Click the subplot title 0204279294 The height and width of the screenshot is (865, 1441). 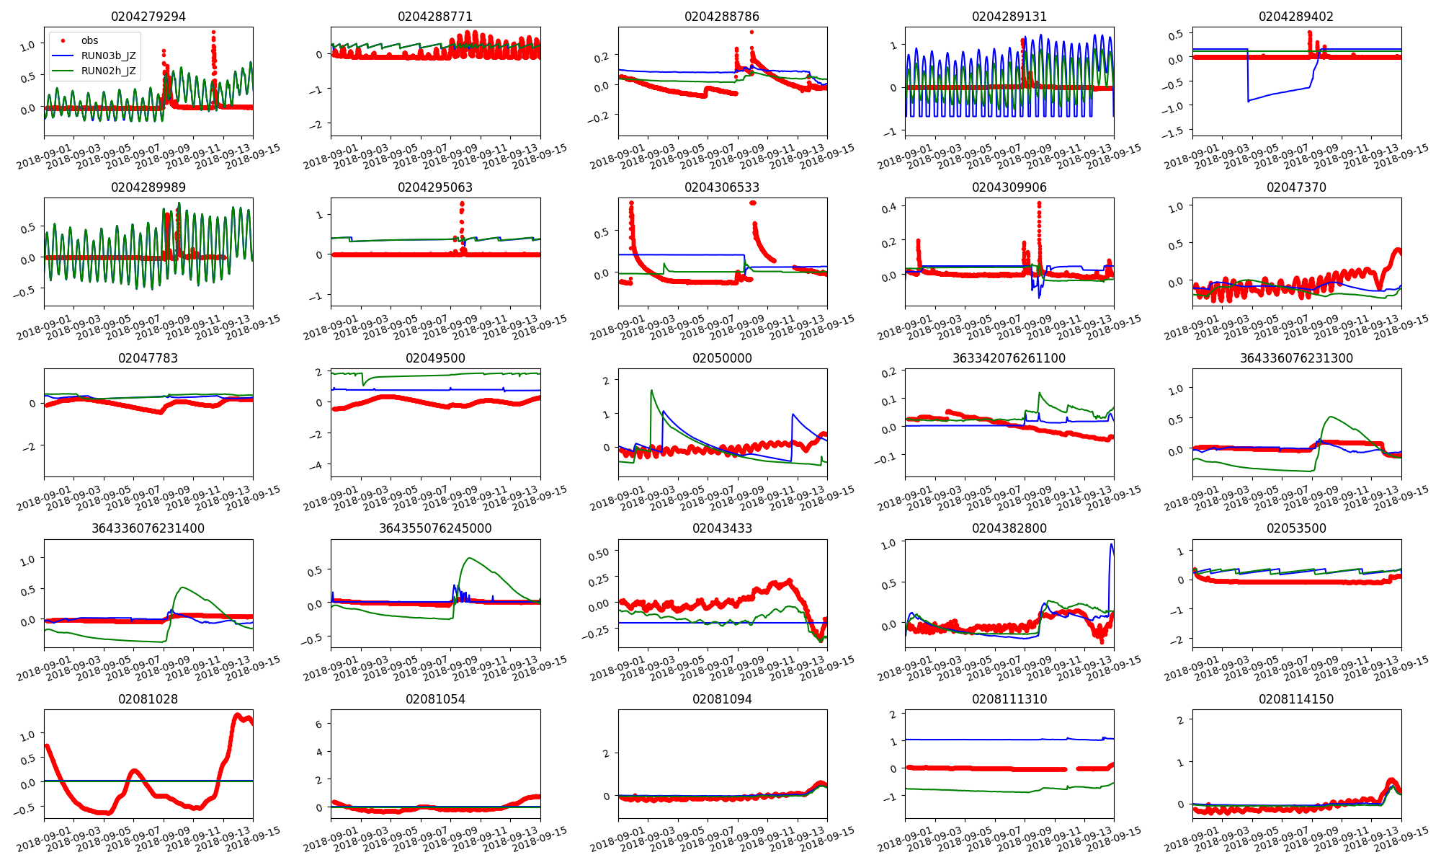148,17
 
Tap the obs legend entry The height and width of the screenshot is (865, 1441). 89,40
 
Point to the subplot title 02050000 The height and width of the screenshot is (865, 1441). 722,358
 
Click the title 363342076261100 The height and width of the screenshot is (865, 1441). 1009,358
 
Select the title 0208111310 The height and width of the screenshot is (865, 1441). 1009,699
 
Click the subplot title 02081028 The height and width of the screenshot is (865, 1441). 148,699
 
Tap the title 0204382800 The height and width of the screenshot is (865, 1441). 1009,528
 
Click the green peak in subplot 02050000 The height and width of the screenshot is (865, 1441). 651,391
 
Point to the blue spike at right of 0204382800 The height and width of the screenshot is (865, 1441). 1111,544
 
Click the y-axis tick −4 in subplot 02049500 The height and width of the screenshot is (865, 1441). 316,465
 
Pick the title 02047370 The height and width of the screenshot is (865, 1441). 1296,187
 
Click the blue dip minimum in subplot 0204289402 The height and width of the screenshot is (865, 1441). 1249,101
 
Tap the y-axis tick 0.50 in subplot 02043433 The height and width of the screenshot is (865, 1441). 599,553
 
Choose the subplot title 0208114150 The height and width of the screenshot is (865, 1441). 1296,699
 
